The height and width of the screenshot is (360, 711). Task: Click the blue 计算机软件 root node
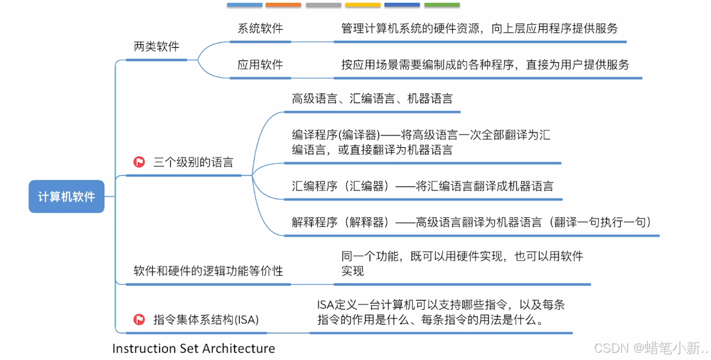[x=66, y=197]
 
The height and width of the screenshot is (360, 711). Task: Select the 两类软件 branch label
[x=156, y=47]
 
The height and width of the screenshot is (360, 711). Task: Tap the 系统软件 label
[x=260, y=29]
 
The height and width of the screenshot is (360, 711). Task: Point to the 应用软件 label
[x=260, y=64]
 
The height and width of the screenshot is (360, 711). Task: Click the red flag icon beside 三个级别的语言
[x=139, y=163]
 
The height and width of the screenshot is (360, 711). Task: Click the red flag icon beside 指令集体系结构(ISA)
[x=139, y=320]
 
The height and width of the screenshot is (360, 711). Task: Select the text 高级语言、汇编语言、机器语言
[x=372, y=99]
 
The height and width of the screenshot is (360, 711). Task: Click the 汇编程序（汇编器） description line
[x=423, y=186]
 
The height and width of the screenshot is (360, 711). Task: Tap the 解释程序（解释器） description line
[x=471, y=222]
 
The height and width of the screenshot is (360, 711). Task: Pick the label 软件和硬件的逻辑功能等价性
[x=208, y=271]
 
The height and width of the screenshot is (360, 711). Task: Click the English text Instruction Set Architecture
[x=194, y=348]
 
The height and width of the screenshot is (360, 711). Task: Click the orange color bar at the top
[x=283, y=5]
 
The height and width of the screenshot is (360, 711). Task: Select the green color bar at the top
[x=442, y=5]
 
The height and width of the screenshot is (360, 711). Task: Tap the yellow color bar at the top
[x=363, y=5]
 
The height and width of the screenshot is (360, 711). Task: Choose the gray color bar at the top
[x=323, y=5]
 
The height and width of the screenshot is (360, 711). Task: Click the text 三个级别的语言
[x=193, y=163]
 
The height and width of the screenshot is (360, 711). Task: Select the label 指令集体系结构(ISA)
[x=206, y=320]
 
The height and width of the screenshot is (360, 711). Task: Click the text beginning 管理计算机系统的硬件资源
[x=479, y=29]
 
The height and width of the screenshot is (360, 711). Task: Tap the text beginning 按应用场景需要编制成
[x=485, y=64]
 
